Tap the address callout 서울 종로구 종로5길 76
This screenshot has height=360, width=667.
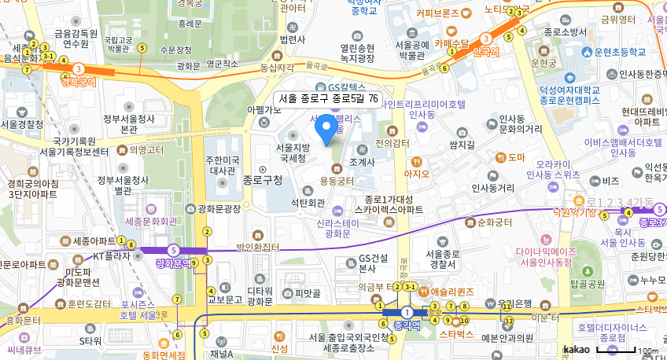click(328, 99)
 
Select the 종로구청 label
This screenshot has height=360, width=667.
click(263, 180)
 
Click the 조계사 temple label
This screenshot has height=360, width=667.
click(362, 162)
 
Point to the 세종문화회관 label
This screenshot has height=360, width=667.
click(151, 222)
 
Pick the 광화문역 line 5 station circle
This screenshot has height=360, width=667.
click(173, 250)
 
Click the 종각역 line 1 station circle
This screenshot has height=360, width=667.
click(406, 312)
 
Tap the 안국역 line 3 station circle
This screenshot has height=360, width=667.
click(486, 39)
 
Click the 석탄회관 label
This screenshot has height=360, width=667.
click(308, 203)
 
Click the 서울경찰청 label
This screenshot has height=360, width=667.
click(22, 123)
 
